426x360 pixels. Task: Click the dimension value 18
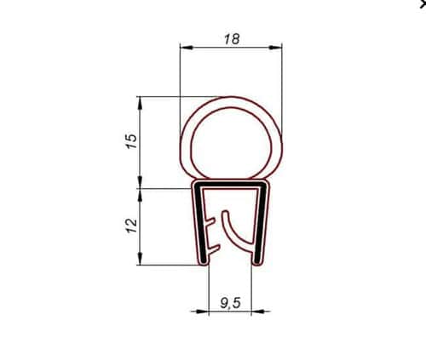tap(232, 39)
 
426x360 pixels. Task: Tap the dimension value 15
tap(132, 141)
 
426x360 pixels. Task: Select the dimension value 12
tap(132, 226)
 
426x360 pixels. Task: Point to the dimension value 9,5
tap(230, 303)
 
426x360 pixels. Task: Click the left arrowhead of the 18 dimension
tap(187, 48)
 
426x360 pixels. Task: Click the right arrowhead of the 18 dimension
tap(275, 48)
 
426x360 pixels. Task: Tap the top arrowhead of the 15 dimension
tap(140, 103)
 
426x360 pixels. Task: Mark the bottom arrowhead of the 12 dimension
tap(140, 259)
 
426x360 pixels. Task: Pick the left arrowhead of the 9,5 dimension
tap(202, 311)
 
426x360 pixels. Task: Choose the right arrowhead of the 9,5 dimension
tap(258, 311)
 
